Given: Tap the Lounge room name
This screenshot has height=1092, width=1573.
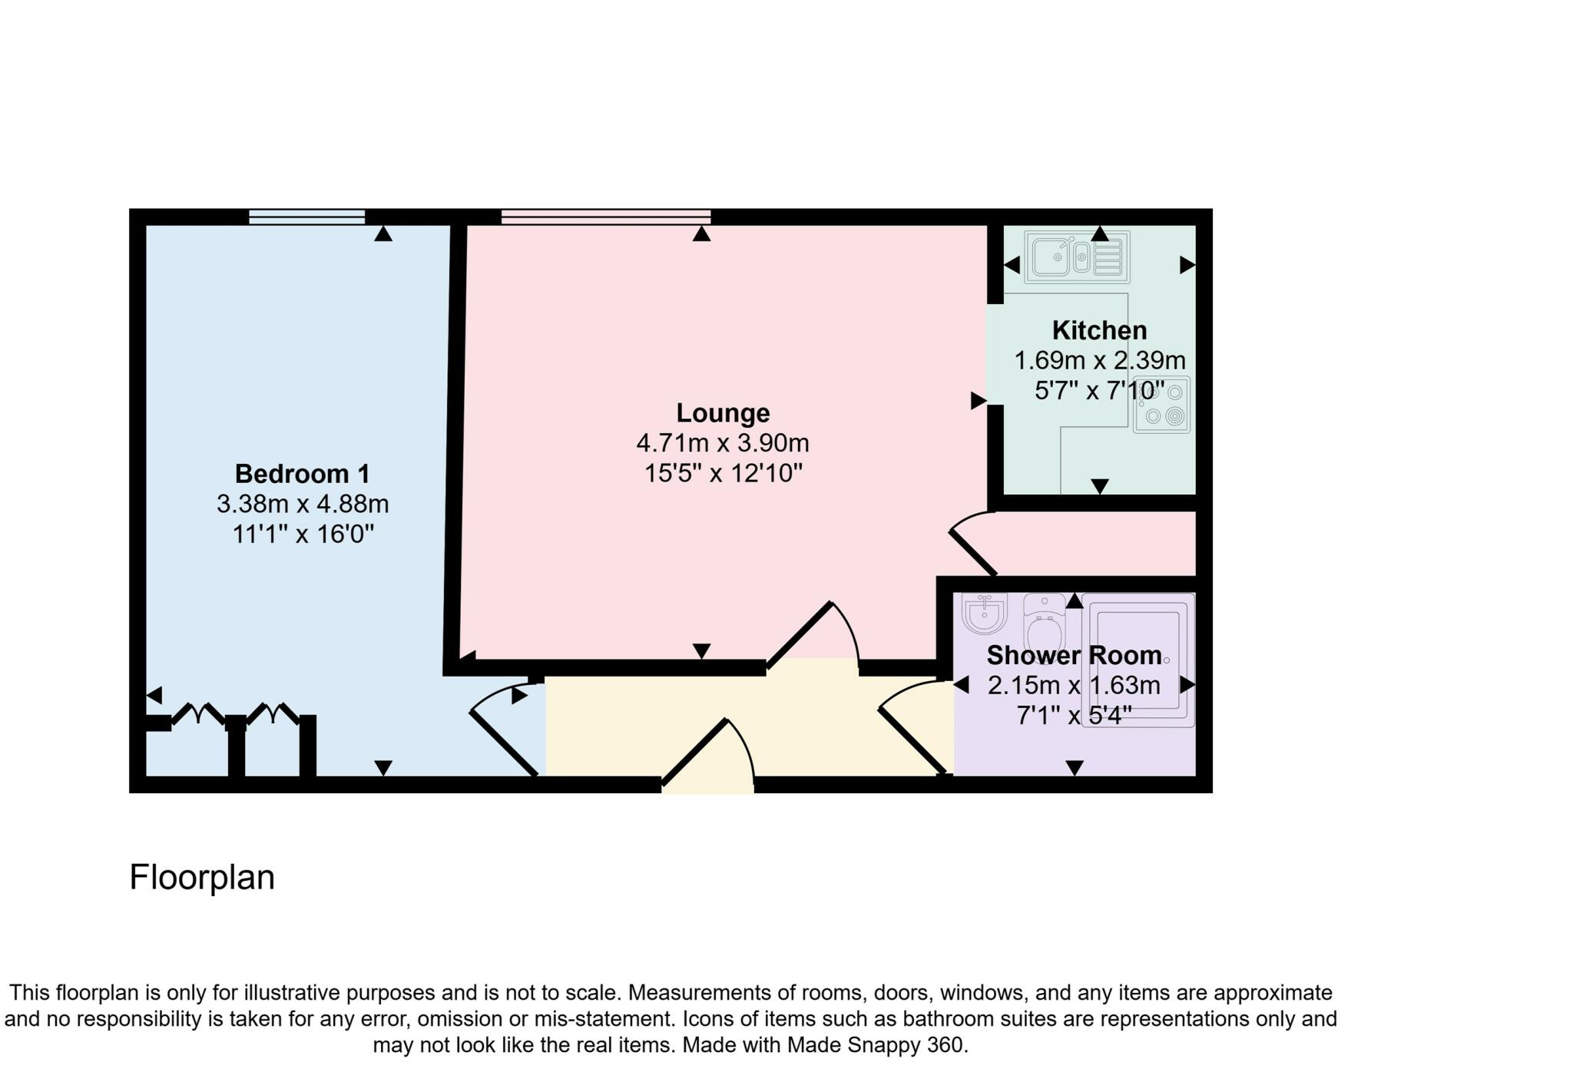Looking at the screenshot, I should [x=723, y=413].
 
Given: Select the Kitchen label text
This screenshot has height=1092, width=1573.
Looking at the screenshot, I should [x=1099, y=330].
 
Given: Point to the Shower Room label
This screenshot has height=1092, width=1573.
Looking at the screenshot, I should [x=1074, y=655].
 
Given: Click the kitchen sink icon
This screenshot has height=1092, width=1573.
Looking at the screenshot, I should [x=1077, y=257].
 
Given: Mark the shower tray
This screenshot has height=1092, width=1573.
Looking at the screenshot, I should [x=1138, y=660].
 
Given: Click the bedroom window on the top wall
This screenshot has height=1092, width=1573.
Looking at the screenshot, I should [x=306, y=217].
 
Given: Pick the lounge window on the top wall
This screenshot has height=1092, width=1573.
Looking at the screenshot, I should [x=605, y=217].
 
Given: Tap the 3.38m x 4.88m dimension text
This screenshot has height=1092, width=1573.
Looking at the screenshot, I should [x=303, y=505].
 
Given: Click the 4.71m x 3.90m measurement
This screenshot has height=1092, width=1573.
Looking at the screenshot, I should [x=723, y=443].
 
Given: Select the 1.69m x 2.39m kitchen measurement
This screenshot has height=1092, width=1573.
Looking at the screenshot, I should [x=1100, y=360].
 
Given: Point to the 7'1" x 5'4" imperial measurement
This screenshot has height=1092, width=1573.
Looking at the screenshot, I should [x=1074, y=716].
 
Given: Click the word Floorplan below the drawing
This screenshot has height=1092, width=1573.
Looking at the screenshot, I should [x=202, y=877].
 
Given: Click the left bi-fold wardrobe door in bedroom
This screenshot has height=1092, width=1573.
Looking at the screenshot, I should [x=197, y=714].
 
